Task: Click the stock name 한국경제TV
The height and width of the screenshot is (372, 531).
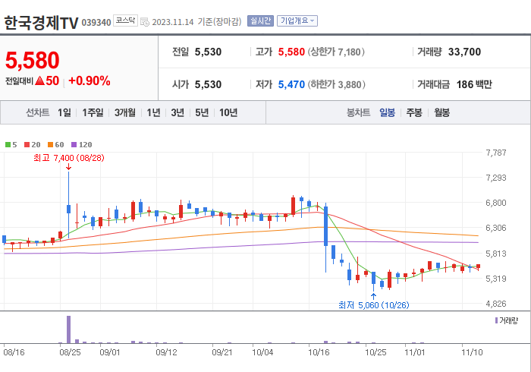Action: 40,23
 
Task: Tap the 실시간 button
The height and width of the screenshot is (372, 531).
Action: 260,21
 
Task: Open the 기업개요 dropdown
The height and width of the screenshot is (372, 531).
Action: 297,21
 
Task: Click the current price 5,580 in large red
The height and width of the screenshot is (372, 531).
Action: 32,60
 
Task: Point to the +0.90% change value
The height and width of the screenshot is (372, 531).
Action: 89,80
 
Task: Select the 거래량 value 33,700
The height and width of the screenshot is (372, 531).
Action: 464,52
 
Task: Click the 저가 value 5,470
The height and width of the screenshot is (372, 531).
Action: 291,84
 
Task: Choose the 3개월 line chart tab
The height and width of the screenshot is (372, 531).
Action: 125,112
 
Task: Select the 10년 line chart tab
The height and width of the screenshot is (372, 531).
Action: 228,112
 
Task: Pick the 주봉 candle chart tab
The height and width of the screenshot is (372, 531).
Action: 413,112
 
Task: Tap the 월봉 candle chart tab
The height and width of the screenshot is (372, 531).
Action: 441,112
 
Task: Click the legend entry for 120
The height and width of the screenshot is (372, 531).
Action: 82,144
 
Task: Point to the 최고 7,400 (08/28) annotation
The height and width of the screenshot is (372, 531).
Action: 68,158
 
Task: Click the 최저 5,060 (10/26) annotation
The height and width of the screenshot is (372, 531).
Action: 373,305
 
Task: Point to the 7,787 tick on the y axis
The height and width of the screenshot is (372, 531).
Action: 495,153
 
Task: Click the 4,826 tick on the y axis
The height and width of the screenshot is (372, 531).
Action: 495,304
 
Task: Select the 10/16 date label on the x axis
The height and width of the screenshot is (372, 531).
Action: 319,352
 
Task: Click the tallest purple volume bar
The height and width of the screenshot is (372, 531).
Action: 68,329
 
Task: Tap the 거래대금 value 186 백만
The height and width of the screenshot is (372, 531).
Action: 474,84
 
